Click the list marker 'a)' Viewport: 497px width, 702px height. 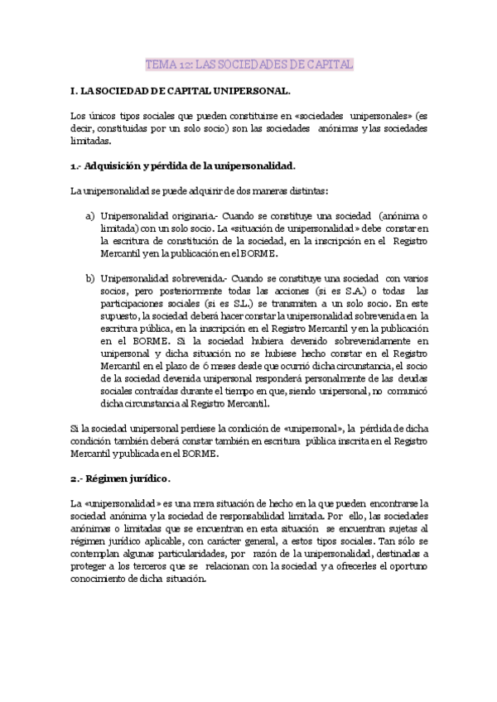[89, 215]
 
